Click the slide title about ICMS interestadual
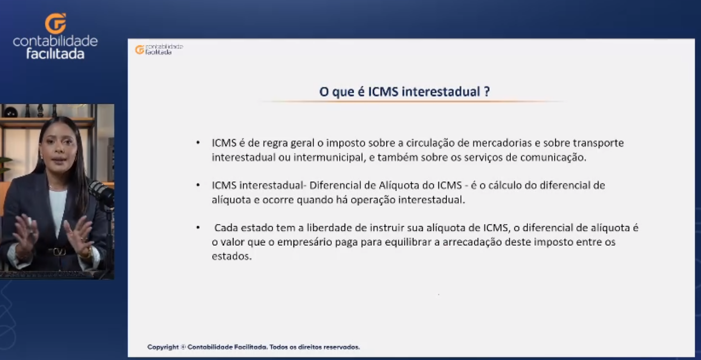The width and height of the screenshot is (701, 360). [404, 91]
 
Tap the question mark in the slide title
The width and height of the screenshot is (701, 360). [487, 91]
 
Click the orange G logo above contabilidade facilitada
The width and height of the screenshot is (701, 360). [56, 23]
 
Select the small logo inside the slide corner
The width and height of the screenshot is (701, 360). [159, 50]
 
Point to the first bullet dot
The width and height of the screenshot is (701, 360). [198, 143]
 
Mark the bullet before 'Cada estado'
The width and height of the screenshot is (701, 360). [198, 228]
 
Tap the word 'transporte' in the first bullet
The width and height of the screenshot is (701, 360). [598, 143]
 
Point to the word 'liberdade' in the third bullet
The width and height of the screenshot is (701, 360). [329, 228]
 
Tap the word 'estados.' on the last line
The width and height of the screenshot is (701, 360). [232, 257]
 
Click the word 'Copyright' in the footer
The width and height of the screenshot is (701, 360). [163, 347]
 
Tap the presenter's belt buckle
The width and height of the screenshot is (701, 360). [59, 252]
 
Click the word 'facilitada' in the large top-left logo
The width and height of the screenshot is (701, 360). [56, 54]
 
